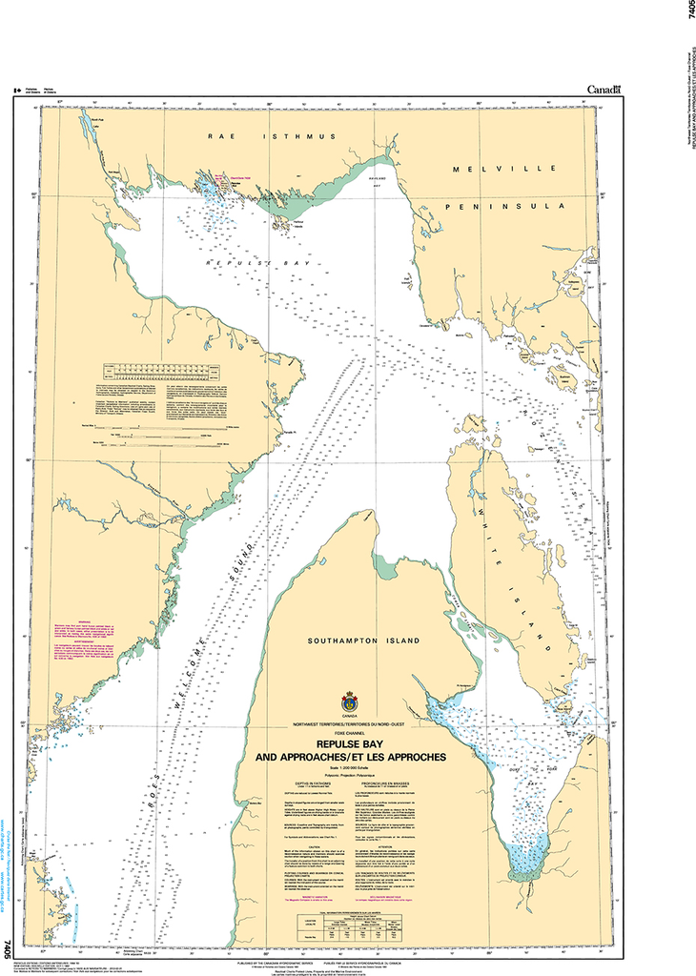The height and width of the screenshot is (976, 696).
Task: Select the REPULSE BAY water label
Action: (248, 259)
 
